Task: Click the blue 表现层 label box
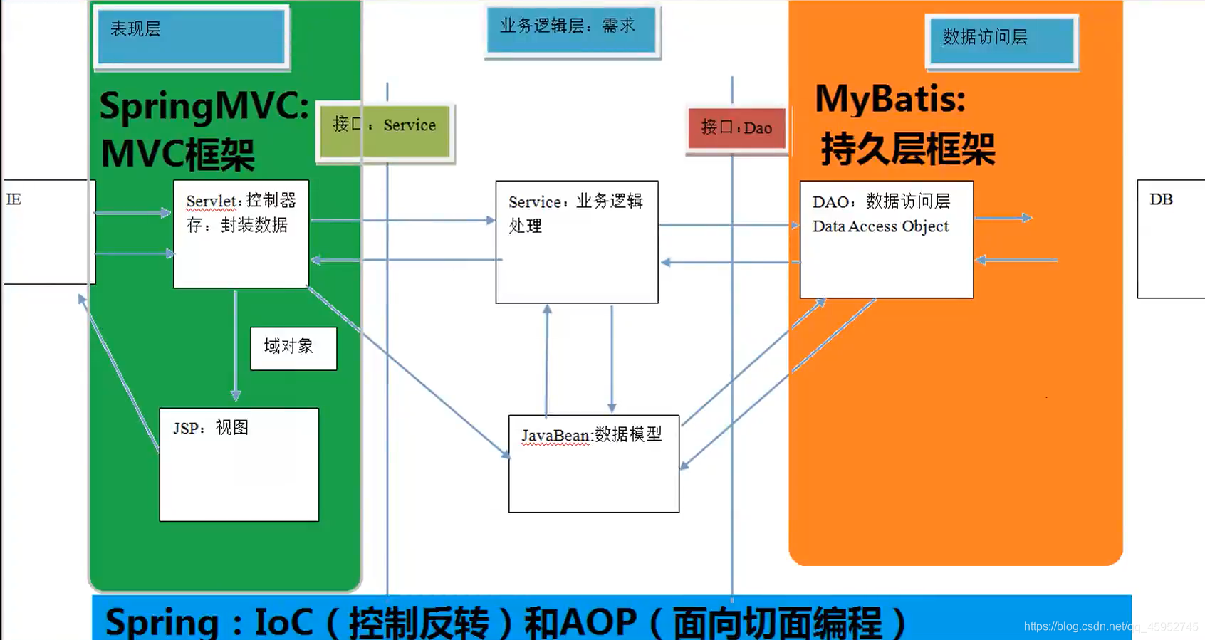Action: [191, 37]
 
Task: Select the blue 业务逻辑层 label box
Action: [571, 30]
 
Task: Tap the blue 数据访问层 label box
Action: [1001, 41]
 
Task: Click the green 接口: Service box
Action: [385, 132]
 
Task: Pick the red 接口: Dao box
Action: [737, 129]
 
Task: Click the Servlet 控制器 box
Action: [241, 234]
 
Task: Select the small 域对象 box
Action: [293, 348]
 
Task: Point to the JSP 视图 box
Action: [239, 464]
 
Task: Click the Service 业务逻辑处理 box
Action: [576, 242]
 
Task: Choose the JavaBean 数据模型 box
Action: [593, 463]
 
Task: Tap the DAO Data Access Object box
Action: [886, 239]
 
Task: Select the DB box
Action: [1170, 238]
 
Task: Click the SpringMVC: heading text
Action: [204, 106]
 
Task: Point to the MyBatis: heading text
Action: [890, 98]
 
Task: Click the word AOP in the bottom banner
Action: [598, 621]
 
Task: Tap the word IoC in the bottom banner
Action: [283, 621]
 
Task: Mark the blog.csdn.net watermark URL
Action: [1110, 626]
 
